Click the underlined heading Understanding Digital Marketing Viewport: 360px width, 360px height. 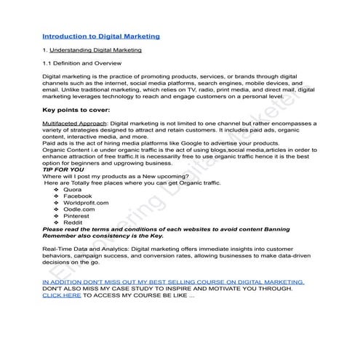pyautogui.click(x=95, y=50)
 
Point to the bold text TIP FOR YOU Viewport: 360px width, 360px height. pyautogui.click(x=63, y=169)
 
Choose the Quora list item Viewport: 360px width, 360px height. pyautogui.click(x=72, y=189)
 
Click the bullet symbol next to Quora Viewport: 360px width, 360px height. pyautogui.click(x=57, y=189)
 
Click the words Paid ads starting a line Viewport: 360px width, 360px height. pyautogui.click(x=55, y=143)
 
